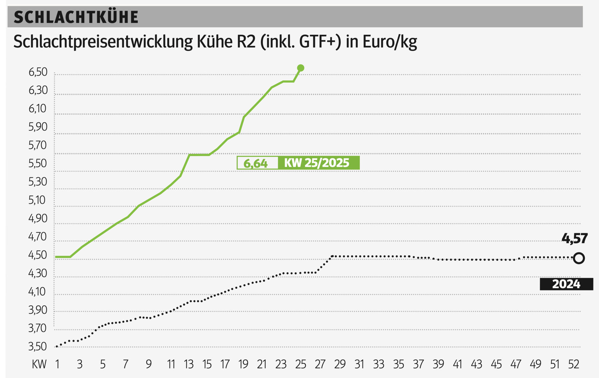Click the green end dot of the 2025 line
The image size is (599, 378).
300,68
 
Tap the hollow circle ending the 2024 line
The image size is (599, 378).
579,258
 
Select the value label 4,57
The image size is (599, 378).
574,238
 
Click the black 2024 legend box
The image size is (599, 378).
566,284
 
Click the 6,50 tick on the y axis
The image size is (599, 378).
38,72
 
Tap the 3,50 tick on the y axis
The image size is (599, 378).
38,346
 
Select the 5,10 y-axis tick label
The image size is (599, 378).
38,200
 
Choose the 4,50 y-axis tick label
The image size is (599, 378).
38,255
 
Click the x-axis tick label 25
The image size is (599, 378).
300,364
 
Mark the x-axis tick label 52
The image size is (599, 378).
573,364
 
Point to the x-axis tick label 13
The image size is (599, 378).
189,364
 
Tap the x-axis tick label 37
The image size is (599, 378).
418,364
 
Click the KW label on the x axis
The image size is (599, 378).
39,364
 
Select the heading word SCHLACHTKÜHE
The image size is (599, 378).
76,17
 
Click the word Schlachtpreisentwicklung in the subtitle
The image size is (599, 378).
103,42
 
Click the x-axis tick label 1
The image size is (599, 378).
58,364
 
